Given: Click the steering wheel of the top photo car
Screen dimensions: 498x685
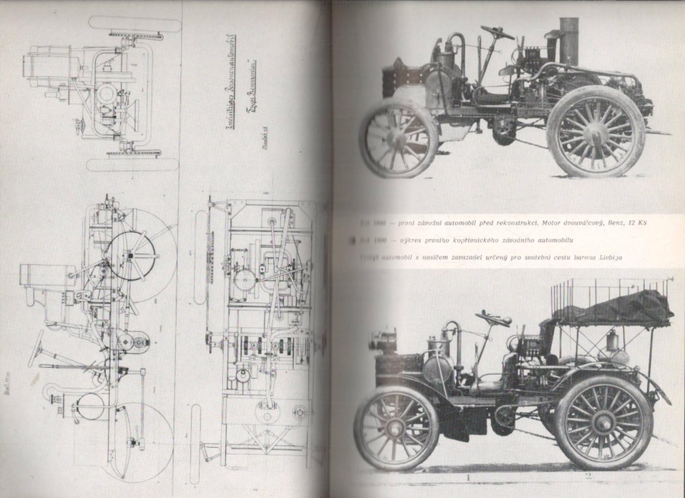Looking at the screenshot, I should [x=497, y=31].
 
